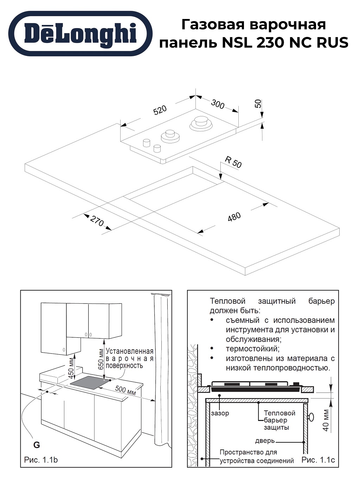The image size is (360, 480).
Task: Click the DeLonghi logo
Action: click(x=80, y=34)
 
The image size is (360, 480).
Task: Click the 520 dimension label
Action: click(x=160, y=110)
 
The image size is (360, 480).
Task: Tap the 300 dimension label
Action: click(x=218, y=104)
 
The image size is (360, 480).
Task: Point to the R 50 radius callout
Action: click(x=233, y=162)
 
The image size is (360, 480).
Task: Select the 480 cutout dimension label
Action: click(x=234, y=217)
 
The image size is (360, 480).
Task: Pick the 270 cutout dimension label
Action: click(x=97, y=221)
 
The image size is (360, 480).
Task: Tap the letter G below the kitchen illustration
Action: click(x=37, y=445)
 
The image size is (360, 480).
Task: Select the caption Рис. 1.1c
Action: click(x=318, y=460)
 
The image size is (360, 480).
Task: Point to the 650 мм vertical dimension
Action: click(x=101, y=360)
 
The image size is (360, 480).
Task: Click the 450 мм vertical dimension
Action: click(x=71, y=366)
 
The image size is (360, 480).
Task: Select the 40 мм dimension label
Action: click(x=326, y=420)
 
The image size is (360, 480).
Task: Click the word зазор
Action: click(x=220, y=414)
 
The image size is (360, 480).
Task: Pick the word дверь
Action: click(x=265, y=441)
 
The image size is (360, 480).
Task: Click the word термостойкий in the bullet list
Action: click(x=252, y=349)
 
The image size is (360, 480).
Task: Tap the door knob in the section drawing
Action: click(x=311, y=417)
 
